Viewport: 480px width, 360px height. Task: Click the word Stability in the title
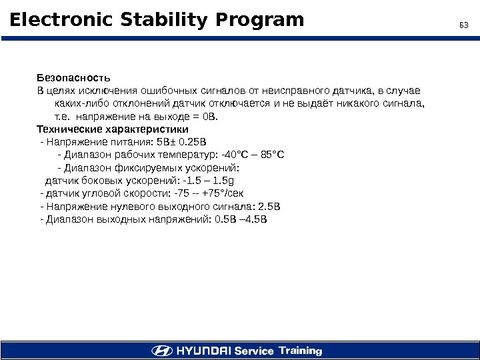point(153,21)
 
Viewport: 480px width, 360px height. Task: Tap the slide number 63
point(464,25)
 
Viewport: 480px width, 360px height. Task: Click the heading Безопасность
point(73,78)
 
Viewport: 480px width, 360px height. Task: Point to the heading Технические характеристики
point(113,129)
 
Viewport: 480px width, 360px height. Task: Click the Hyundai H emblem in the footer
point(161,351)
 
